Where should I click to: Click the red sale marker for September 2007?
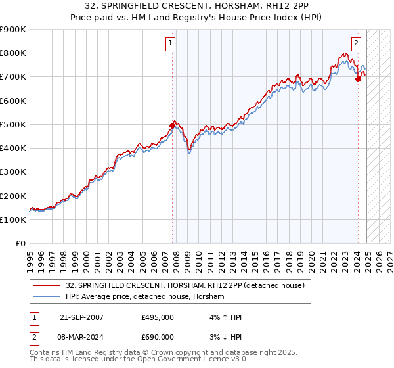click(x=173, y=125)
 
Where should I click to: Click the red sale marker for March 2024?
click(x=358, y=79)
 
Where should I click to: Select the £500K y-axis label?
click(x=13, y=125)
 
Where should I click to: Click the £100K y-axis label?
click(x=13, y=220)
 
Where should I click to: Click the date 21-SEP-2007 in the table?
click(x=81, y=317)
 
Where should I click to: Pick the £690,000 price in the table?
click(x=157, y=336)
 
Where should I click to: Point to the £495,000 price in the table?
click(x=157, y=317)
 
